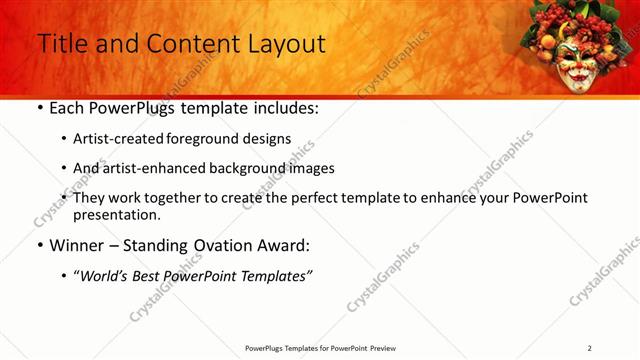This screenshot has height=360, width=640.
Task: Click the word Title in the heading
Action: (62, 44)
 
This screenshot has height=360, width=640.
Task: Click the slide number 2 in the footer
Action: (589, 348)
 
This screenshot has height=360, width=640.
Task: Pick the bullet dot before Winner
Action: (39, 246)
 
